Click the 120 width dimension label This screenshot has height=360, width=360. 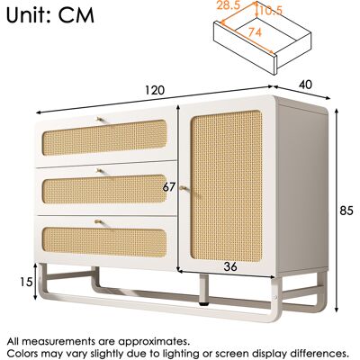coord(155,90)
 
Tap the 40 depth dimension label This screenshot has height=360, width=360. coord(305,85)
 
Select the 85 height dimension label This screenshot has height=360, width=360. coord(346,211)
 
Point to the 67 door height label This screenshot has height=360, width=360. coord(169,187)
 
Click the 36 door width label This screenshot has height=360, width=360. coord(230,266)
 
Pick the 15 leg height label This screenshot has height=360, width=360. coord(26,282)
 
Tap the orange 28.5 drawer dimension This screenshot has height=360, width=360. coord(228,5)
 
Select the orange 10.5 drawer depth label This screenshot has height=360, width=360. coord(271,11)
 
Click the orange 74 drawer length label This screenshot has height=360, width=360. coord(255,32)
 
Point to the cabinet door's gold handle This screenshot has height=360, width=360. coord(184,188)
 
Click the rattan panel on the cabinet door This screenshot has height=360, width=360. coord(227,186)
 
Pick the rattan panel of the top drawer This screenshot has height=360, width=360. coord(104,138)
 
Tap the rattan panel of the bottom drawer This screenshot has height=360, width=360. coord(104,242)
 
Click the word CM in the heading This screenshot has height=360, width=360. coord(76,15)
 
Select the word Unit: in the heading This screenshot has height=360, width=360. coord(30,15)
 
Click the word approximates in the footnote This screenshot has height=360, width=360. coord(153,342)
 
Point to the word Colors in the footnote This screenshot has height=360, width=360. coord(23,353)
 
